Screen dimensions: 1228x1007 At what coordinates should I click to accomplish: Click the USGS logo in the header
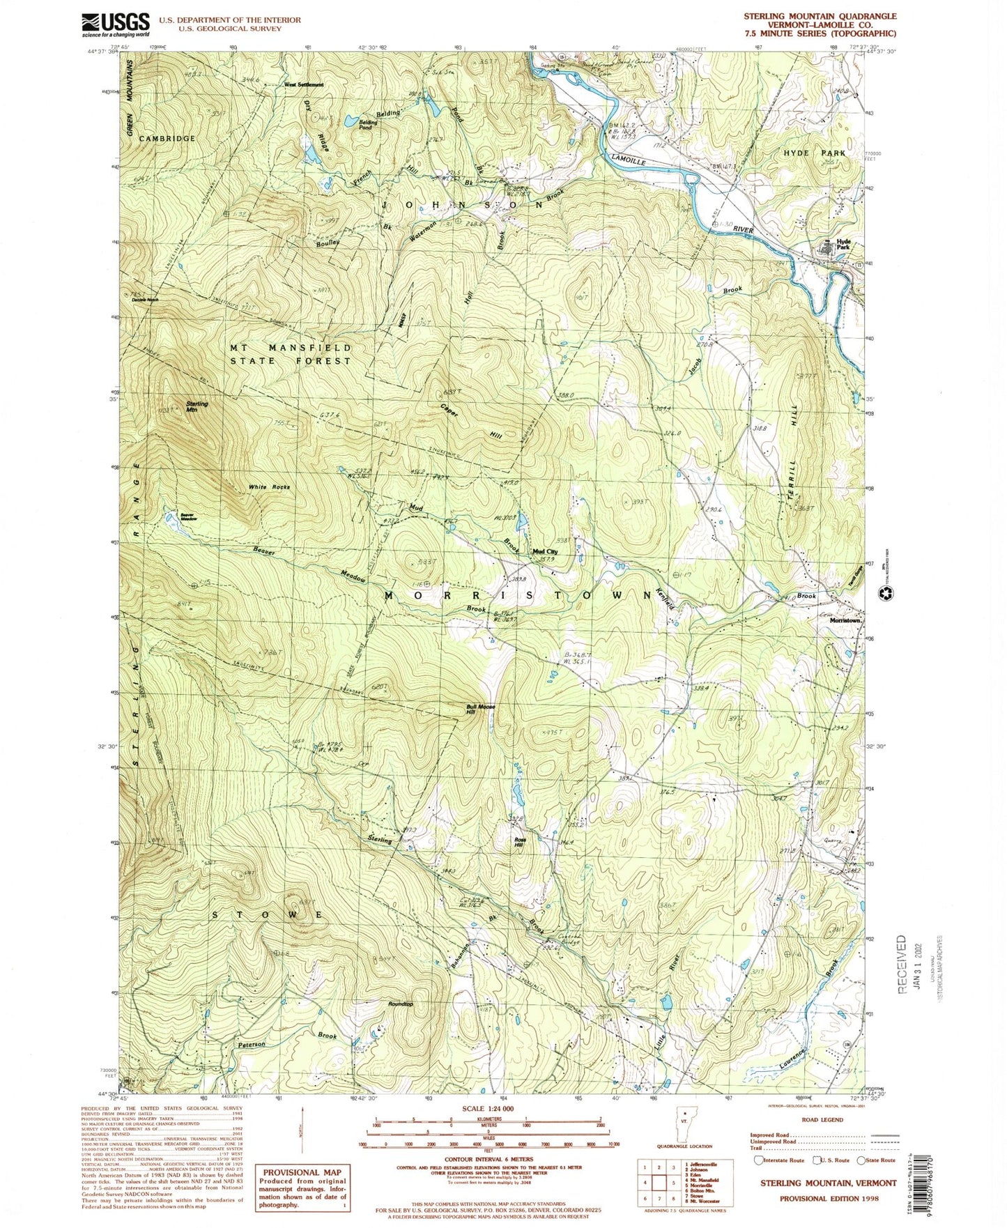click(116, 24)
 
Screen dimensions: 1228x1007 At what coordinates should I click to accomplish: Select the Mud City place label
click(545, 551)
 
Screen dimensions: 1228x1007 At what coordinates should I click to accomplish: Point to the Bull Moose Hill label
click(480, 709)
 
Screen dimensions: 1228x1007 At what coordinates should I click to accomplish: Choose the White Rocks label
click(268, 486)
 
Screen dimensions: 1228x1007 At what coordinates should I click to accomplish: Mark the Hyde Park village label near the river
click(843, 244)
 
